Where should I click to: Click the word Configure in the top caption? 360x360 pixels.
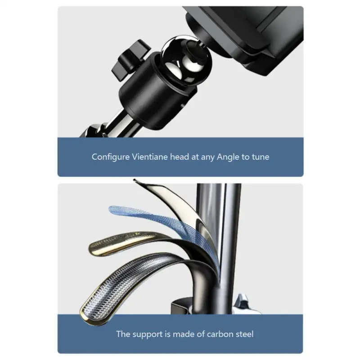coord(111,157)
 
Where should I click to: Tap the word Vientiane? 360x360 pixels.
coord(150,157)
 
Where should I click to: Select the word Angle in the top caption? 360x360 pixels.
coord(228,157)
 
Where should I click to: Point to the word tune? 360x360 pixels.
coord(261,157)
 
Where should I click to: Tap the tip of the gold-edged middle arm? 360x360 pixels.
coord(93,248)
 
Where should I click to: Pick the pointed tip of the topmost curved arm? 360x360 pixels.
coord(134,180)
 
